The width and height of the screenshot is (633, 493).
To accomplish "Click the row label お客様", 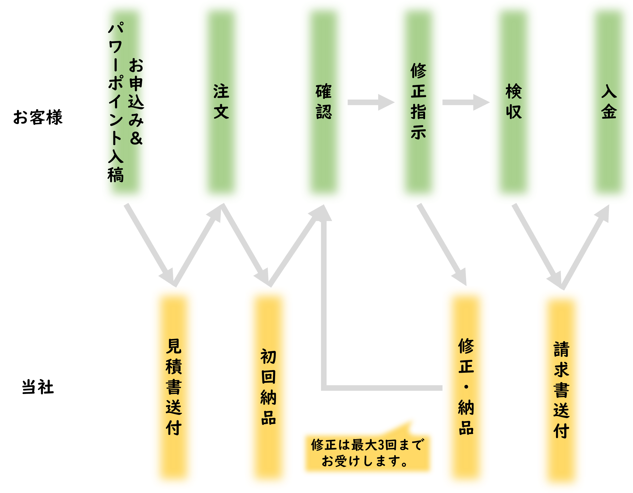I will click(38, 117).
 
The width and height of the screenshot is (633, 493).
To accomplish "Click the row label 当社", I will click(38, 387).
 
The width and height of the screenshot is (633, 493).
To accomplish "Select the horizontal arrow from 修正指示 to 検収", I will click(465, 102).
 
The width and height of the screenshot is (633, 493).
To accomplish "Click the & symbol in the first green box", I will click(136, 138).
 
